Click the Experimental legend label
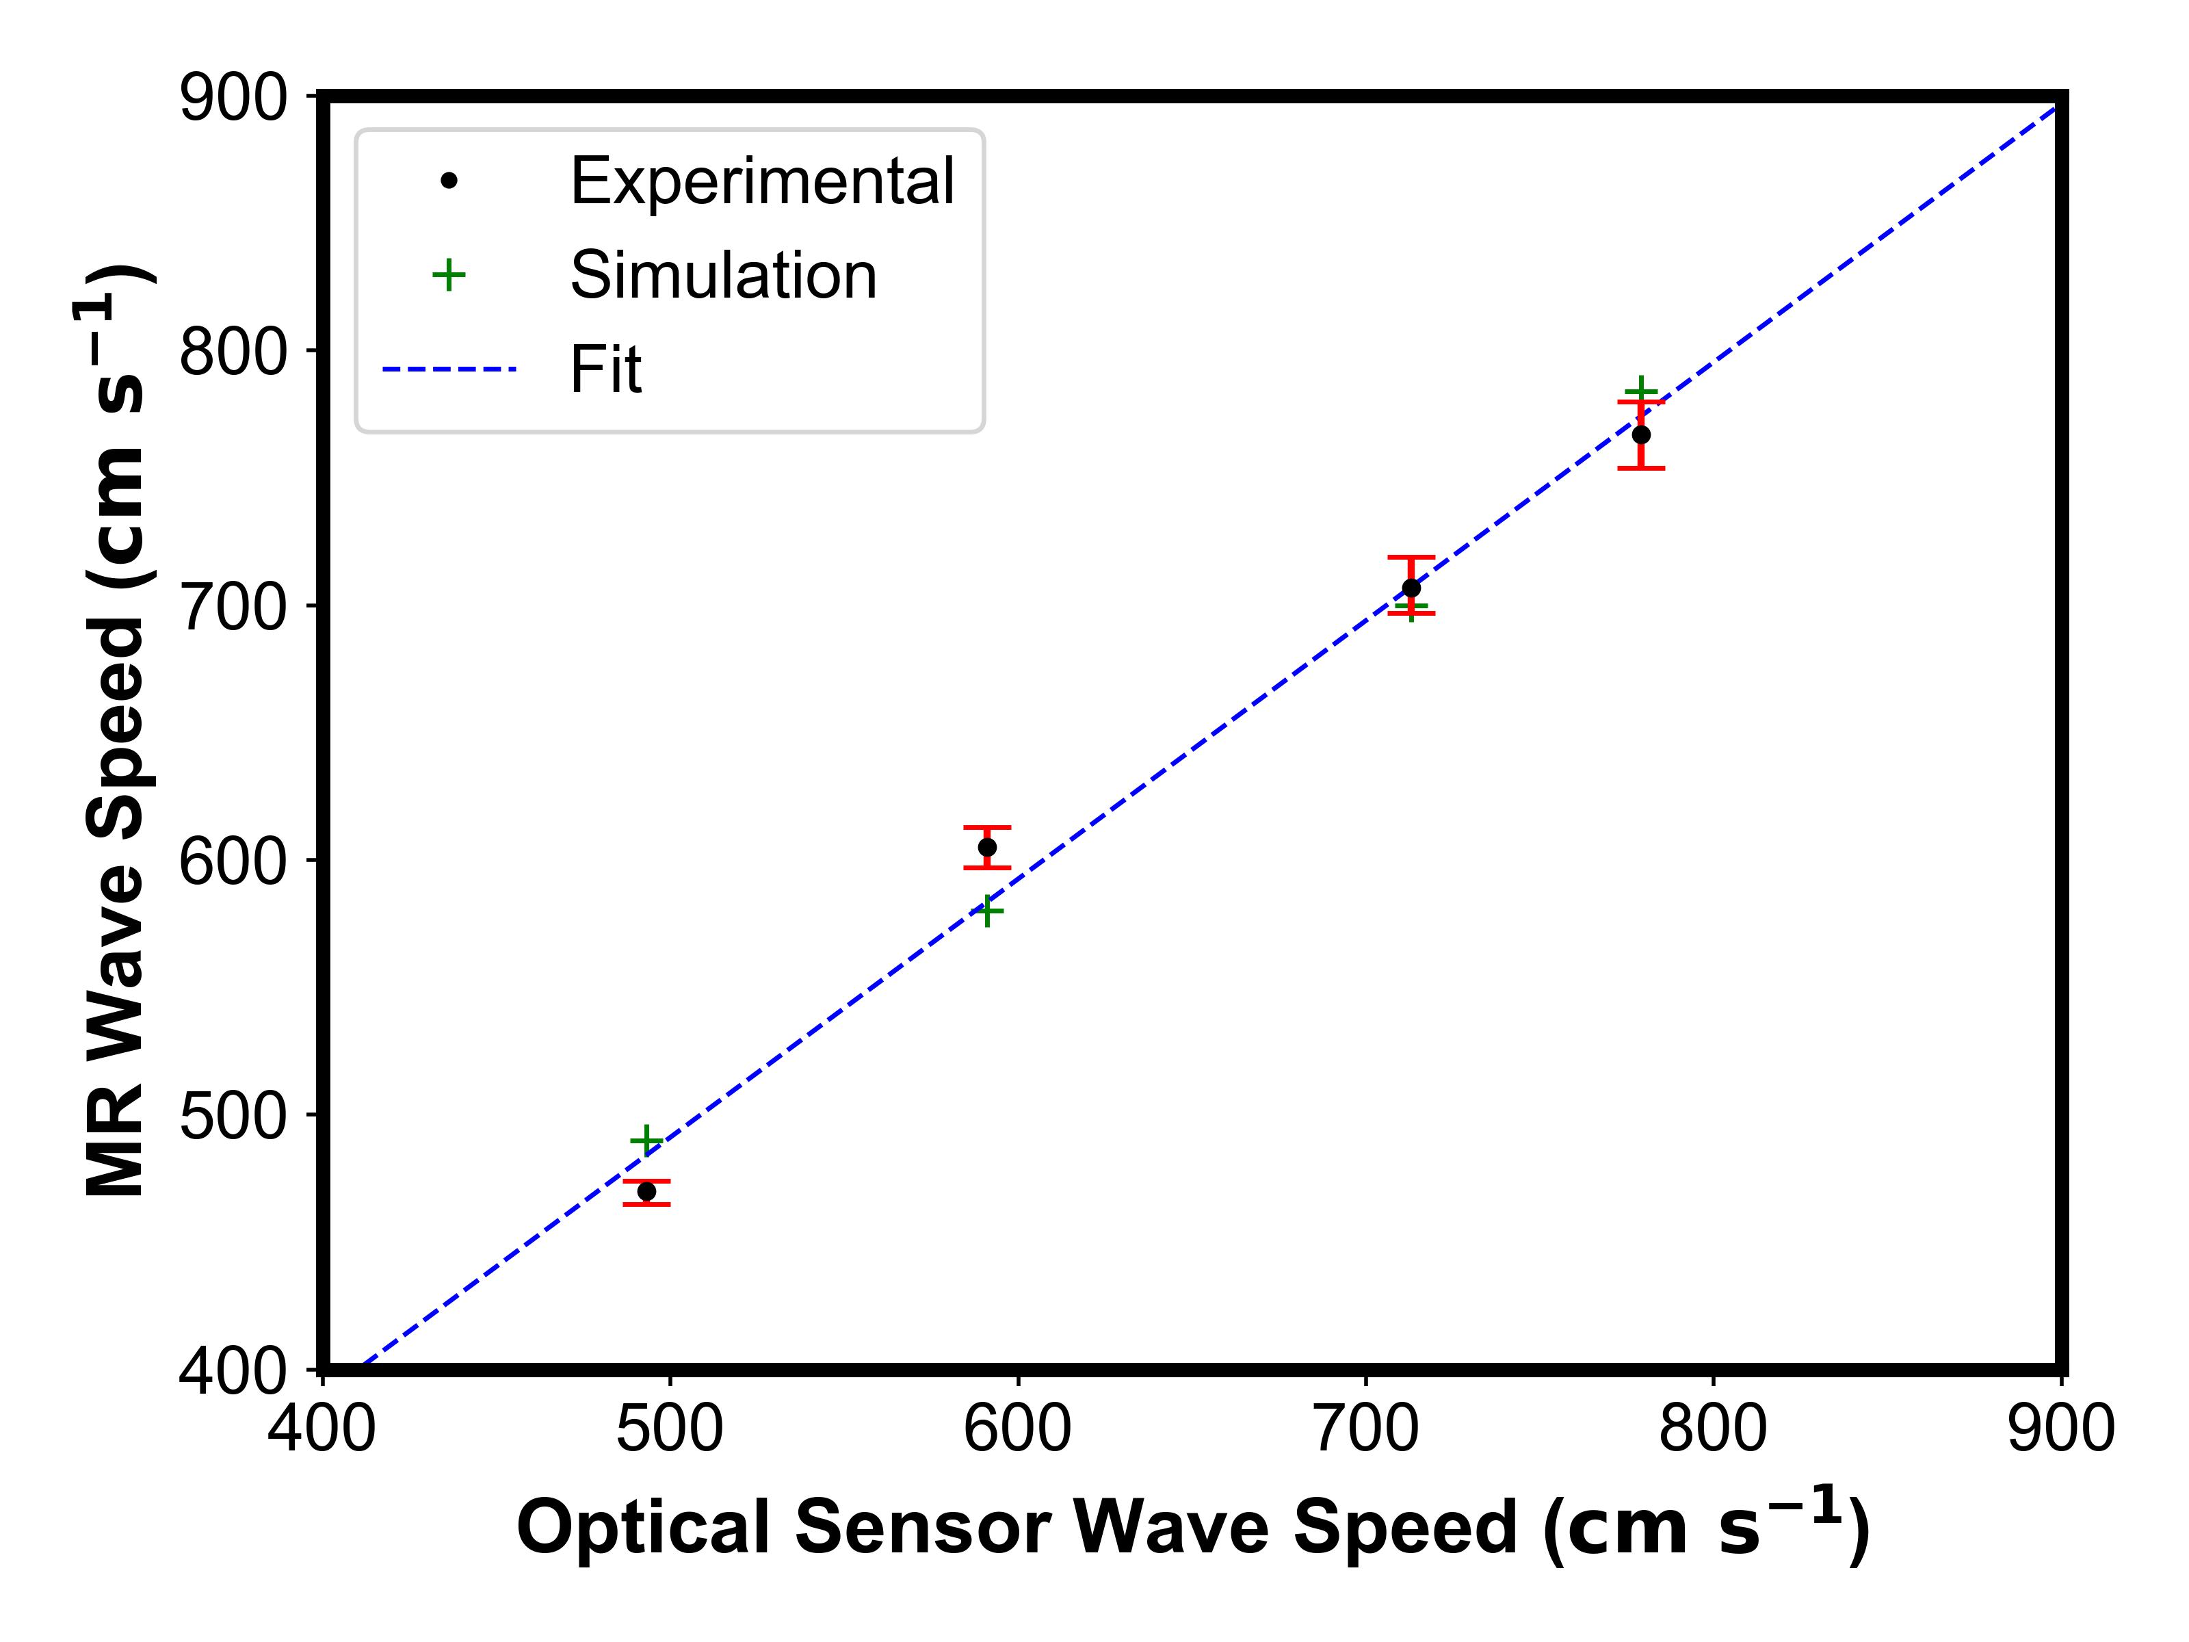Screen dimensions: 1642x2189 [x=761, y=181]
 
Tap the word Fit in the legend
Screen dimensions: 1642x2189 [x=605, y=369]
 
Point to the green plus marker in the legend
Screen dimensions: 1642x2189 [x=448, y=275]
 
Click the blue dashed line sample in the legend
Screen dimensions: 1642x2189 [x=449, y=369]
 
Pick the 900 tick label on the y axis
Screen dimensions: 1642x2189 [x=233, y=99]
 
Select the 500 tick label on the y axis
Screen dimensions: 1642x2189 [x=233, y=1117]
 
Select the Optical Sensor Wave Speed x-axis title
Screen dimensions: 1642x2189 [x=1192, y=1527]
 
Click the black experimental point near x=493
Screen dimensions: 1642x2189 [x=646, y=1192]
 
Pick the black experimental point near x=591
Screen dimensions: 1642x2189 [x=986, y=847]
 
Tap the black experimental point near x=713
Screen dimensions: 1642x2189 [x=1411, y=588]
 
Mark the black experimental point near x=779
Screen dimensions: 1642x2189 [x=1641, y=434]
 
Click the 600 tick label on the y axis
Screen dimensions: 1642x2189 [x=233, y=862]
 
